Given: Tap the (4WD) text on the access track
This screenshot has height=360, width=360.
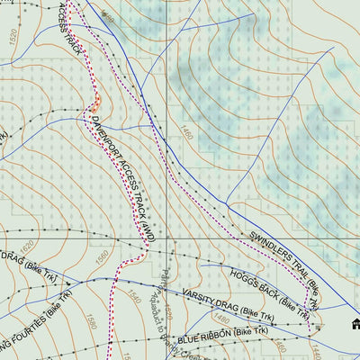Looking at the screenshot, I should pos(144,218).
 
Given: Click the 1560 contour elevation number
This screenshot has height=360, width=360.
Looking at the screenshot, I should pos(101,254).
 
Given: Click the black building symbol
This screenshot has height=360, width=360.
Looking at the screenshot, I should pos(355,324).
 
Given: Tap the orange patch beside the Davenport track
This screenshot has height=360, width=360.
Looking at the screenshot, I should pos(95,103).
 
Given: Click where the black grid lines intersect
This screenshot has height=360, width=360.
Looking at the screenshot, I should pos(166,238).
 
